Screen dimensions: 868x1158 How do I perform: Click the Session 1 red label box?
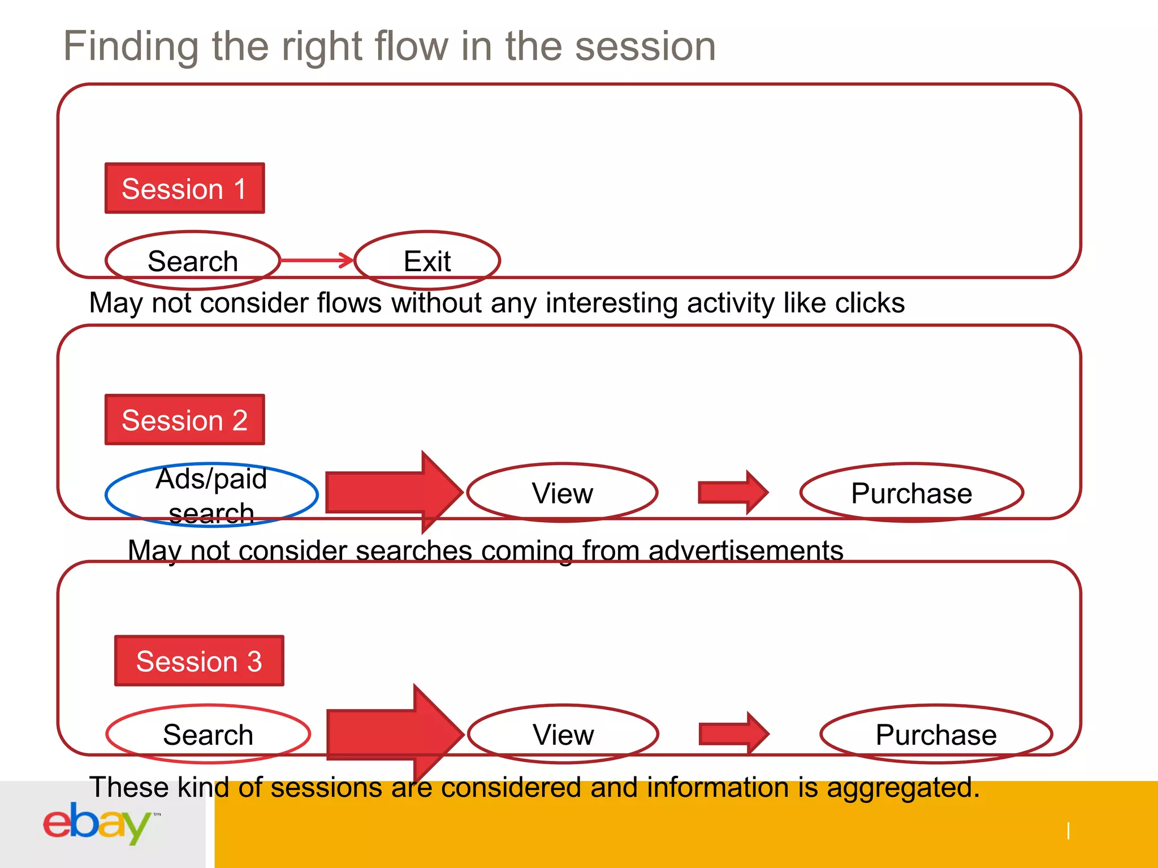click(x=184, y=188)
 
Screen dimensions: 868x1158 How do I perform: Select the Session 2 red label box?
click(x=184, y=420)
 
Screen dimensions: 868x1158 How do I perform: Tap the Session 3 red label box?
click(x=199, y=661)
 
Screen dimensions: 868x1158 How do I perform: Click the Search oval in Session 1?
click(x=193, y=261)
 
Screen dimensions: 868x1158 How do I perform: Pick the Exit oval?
click(x=427, y=261)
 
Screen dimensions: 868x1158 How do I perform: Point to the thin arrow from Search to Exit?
click(x=317, y=261)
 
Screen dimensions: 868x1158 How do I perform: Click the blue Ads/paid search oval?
click(x=211, y=495)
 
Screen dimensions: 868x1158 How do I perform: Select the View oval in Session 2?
click(x=563, y=493)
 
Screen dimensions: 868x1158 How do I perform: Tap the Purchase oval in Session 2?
click(x=911, y=493)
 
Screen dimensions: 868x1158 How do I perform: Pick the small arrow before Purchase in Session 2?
click(x=733, y=492)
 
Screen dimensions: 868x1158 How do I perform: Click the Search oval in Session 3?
click(x=208, y=734)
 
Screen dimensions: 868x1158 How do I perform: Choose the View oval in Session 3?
click(x=563, y=734)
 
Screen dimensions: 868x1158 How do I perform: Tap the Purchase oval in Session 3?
click(x=936, y=734)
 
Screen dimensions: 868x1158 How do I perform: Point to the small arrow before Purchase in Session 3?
click(x=733, y=734)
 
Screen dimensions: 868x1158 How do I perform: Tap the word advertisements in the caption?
click(x=745, y=550)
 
